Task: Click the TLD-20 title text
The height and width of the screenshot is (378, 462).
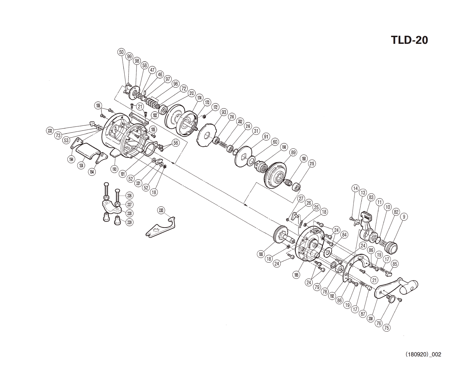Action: coord(409,40)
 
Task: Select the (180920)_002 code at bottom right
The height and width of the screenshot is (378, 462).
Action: coord(423,354)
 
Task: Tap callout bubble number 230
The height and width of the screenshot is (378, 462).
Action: coord(161,210)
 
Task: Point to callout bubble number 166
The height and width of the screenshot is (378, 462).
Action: coord(260,254)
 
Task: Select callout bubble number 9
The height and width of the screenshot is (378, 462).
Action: coord(404,217)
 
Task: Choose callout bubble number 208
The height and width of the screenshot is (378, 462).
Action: coord(371,318)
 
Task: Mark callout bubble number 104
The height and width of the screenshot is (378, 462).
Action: coord(81,166)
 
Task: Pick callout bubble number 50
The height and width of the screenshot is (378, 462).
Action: coord(121,52)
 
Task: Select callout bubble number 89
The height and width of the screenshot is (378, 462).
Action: coord(293,152)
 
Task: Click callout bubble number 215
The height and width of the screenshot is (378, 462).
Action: coord(312,164)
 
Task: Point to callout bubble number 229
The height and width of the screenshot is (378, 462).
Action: coord(129,222)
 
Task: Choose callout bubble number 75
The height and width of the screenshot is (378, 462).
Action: coord(387,327)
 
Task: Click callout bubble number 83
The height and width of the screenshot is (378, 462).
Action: coord(371,197)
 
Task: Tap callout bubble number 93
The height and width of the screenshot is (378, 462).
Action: coord(224,112)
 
